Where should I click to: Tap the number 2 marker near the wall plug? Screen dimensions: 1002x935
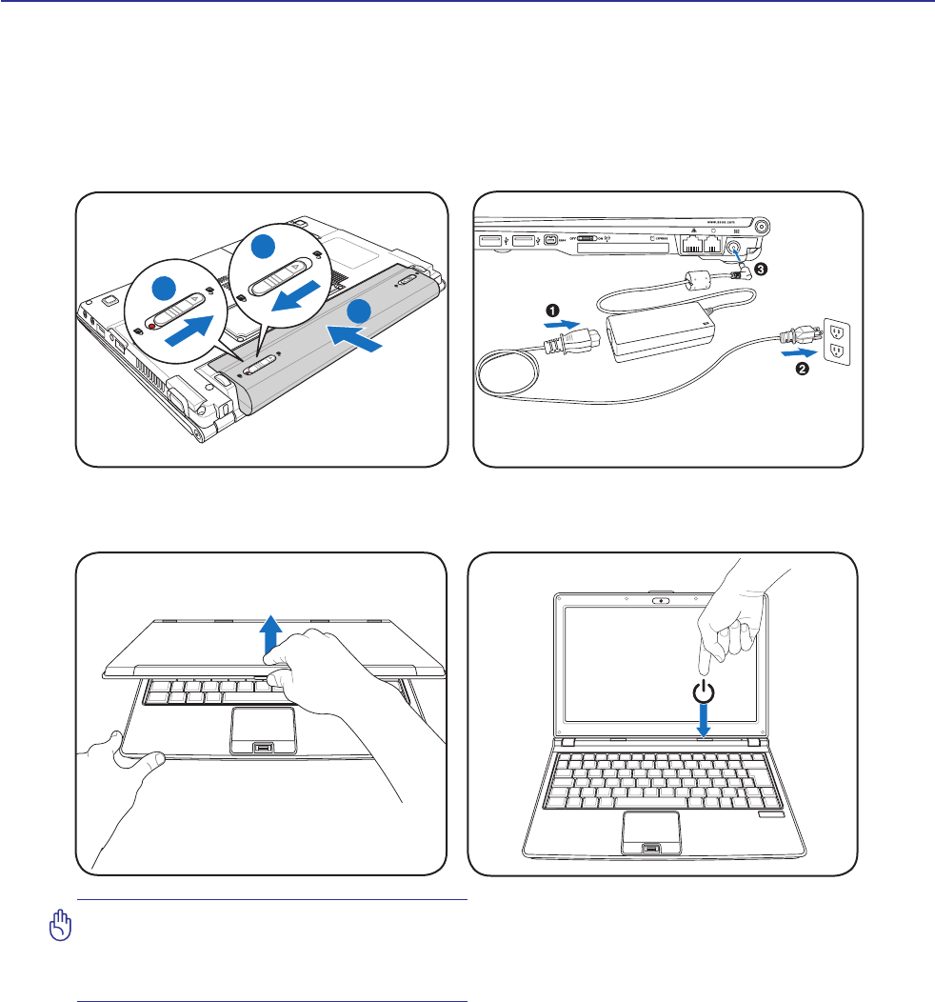(x=802, y=370)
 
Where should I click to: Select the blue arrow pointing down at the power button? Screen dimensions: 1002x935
(x=703, y=720)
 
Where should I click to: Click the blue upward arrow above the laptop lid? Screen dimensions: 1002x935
(x=272, y=632)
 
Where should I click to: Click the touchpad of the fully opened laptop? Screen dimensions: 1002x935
(x=652, y=832)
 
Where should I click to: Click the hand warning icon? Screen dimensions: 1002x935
(x=61, y=924)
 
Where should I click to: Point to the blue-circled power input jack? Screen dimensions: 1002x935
(x=735, y=249)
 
